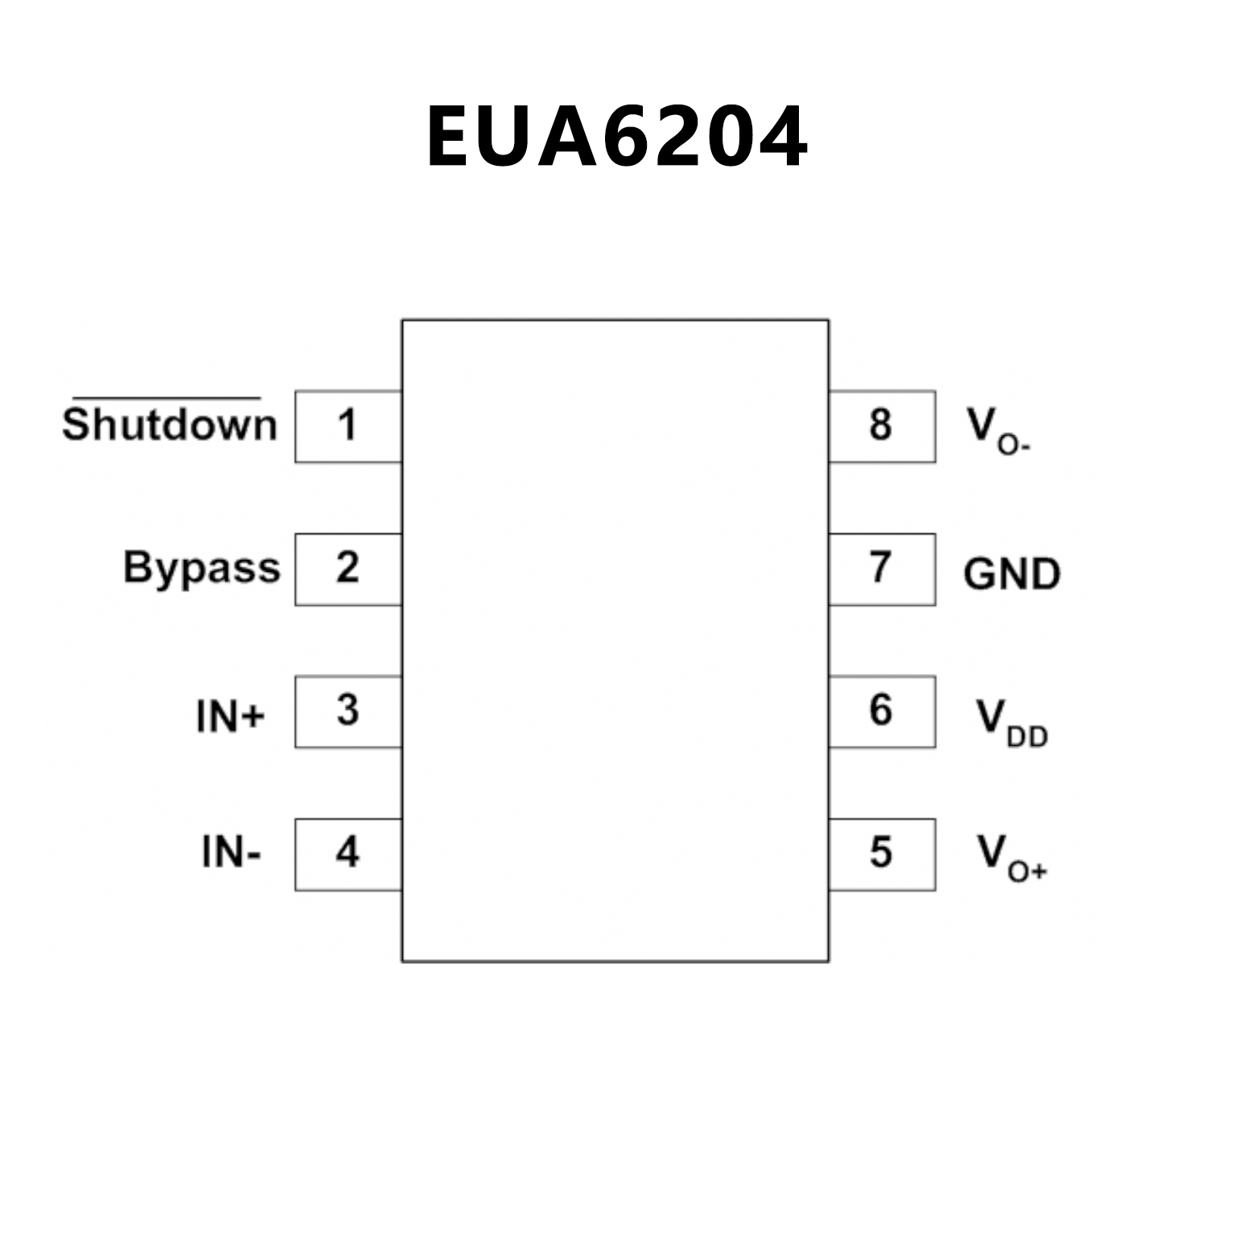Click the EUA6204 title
pyautogui.click(x=616, y=137)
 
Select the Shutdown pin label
pyautogui.click(x=170, y=425)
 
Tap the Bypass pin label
pyautogui.click(x=201, y=567)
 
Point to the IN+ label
pyautogui.click(x=230, y=715)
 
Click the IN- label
pyautogui.click(x=231, y=851)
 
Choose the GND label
pyautogui.click(x=1011, y=574)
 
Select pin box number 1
pyautogui.click(x=348, y=426)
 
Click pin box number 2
pyautogui.click(x=348, y=569)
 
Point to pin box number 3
pyautogui.click(x=348, y=711)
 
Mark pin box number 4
pyautogui.click(x=348, y=854)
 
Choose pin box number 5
pyautogui.click(x=882, y=854)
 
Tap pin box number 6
pyautogui.click(x=882, y=711)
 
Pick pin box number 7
pyautogui.click(x=882, y=569)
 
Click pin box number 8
pyautogui.click(x=882, y=426)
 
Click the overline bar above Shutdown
pyautogui.click(x=167, y=397)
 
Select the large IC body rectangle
pyautogui.click(x=615, y=640)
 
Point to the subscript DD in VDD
pyautogui.click(x=1027, y=736)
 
